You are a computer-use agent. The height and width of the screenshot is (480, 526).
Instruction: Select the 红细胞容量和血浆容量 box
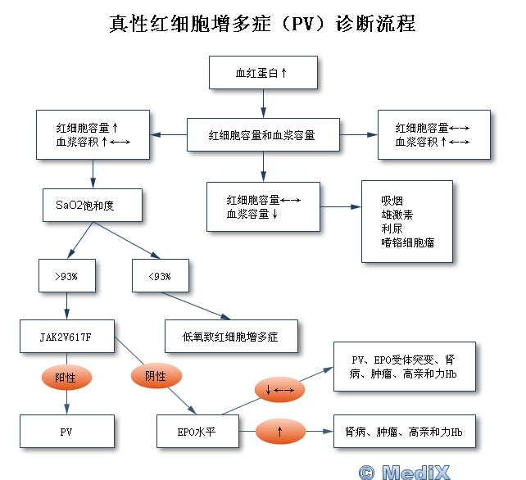tap(262, 134)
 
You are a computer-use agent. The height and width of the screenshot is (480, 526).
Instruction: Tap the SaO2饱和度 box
tap(93, 205)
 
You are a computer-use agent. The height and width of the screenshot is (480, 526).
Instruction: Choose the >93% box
tap(66, 275)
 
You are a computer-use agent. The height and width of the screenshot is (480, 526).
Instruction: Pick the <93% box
tap(160, 275)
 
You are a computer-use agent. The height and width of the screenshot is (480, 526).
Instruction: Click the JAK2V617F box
tap(66, 337)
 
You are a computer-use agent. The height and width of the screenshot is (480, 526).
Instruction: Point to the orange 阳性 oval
tap(66, 378)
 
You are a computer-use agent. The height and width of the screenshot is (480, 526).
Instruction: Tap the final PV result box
tap(66, 431)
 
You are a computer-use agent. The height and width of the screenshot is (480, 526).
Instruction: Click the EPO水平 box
tap(197, 431)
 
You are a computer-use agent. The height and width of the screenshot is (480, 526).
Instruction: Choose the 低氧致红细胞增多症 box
tap(229, 337)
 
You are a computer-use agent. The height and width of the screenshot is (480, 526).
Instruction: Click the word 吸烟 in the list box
tap(392, 200)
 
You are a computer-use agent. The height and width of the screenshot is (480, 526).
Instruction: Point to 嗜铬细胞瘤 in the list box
tap(407, 242)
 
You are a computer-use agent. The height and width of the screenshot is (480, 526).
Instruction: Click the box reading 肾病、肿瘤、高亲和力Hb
tap(404, 431)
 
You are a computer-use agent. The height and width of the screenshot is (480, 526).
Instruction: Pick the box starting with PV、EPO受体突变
tap(404, 366)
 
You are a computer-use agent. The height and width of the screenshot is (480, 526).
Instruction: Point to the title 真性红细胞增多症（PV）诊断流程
tap(262, 23)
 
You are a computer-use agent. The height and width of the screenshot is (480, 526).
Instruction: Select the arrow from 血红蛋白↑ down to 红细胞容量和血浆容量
tap(262, 103)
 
